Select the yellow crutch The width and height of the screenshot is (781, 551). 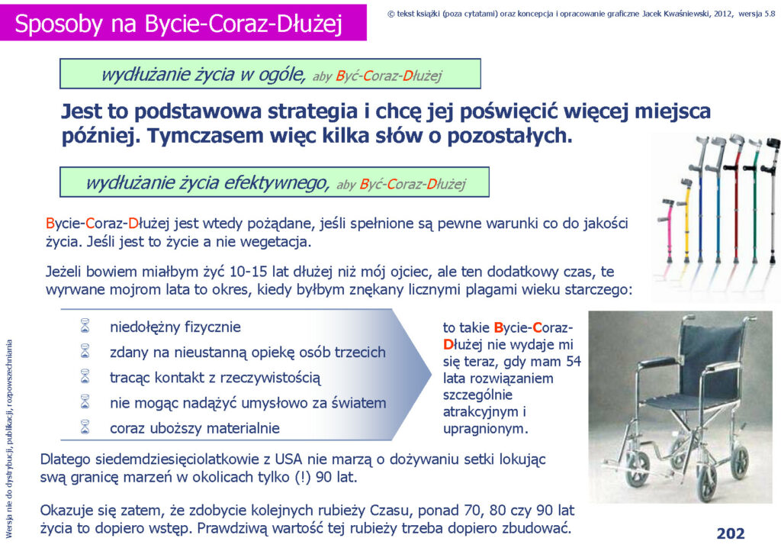point(687,219)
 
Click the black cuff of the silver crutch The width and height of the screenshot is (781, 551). point(773,143)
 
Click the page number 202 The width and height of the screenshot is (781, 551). point(730,533)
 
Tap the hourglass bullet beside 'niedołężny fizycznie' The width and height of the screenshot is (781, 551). point(85,327)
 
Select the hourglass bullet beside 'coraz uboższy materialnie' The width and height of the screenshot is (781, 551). point(85,427)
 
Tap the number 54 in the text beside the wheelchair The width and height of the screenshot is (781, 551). point(574,361)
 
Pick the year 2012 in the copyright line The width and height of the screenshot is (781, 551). point(723,14)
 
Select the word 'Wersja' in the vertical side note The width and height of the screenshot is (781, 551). point(8,528)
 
